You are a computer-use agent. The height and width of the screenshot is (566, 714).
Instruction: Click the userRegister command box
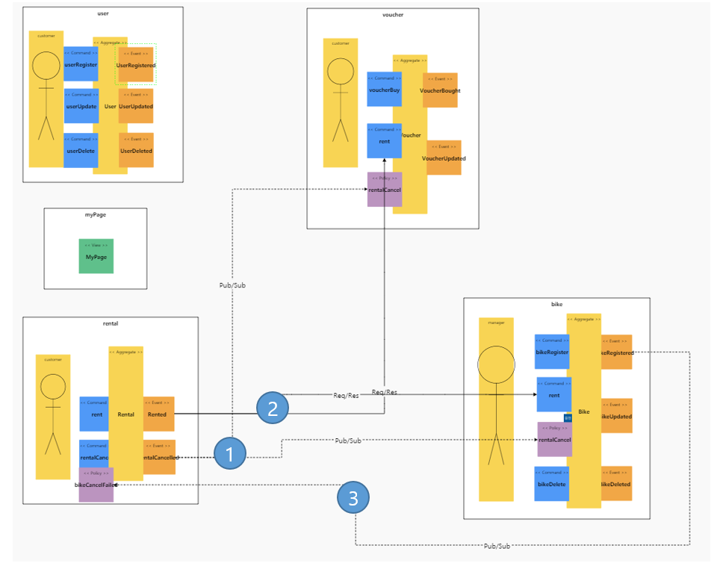click(81, 65)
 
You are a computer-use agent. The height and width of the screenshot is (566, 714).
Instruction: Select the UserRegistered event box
click(136, 65)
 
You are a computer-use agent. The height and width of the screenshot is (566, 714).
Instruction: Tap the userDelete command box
click(81, 150)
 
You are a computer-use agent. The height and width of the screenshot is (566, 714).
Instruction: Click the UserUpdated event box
click(136, 106)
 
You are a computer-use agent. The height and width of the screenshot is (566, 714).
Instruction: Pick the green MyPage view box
click(96, 255)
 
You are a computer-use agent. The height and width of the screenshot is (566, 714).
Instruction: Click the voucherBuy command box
click(384, 90)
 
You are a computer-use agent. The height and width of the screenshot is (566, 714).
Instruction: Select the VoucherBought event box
click(440, 90)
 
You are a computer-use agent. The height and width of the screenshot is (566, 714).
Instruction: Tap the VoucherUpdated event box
click(444, 158)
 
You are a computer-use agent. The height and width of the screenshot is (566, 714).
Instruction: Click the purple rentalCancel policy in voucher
click(385, 189)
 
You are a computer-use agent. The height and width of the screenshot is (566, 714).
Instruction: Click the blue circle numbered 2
click(273, 407)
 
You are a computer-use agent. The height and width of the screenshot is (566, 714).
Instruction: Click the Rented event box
click(158, 414)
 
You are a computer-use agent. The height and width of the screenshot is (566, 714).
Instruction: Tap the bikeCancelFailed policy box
click(96, 485)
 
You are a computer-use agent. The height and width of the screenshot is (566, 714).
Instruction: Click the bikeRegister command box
click(553, 352)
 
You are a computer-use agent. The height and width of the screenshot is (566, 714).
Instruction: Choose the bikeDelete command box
click(551, 484)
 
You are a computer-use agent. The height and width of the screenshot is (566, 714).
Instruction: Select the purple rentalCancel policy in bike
click(553, 439)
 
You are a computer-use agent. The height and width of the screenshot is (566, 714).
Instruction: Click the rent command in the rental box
click(96, 414)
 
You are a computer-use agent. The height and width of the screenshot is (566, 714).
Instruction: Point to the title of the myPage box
click(95, 214)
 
